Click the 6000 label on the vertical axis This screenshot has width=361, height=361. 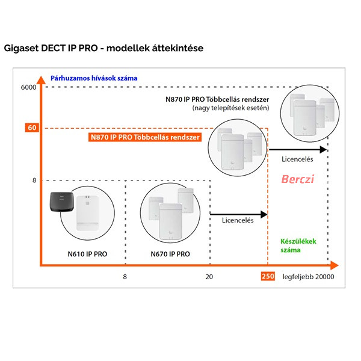[x=28, y=87]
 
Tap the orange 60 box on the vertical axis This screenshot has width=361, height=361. [x=32, y=128]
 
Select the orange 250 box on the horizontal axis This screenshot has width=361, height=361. [x=268, y=276]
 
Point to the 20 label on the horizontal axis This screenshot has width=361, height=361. [x=209, y=277]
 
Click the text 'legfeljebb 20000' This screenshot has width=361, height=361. [x=308, y=277]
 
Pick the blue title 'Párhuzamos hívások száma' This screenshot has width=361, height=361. [x=94, y=78]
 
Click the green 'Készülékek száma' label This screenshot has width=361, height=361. [x=298, y=245]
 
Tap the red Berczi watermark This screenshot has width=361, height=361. [x=298, y=179]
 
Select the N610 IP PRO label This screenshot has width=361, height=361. [x=87, y=254]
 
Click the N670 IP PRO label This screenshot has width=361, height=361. [x=170, y=254]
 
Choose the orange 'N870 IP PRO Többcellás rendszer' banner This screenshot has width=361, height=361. [x=145, y=137]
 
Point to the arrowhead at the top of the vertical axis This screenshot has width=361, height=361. [x=41, y=79]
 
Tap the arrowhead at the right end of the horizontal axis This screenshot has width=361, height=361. [x=334, y=265]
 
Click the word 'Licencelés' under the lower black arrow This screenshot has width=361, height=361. [x=238, y=220]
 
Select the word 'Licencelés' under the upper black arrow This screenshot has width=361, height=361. [x=297, y=159]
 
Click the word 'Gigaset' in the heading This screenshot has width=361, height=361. [x=21, y=48]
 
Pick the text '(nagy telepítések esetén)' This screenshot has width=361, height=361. [x=230, y=108]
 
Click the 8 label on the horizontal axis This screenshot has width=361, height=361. [x=125, y=277]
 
